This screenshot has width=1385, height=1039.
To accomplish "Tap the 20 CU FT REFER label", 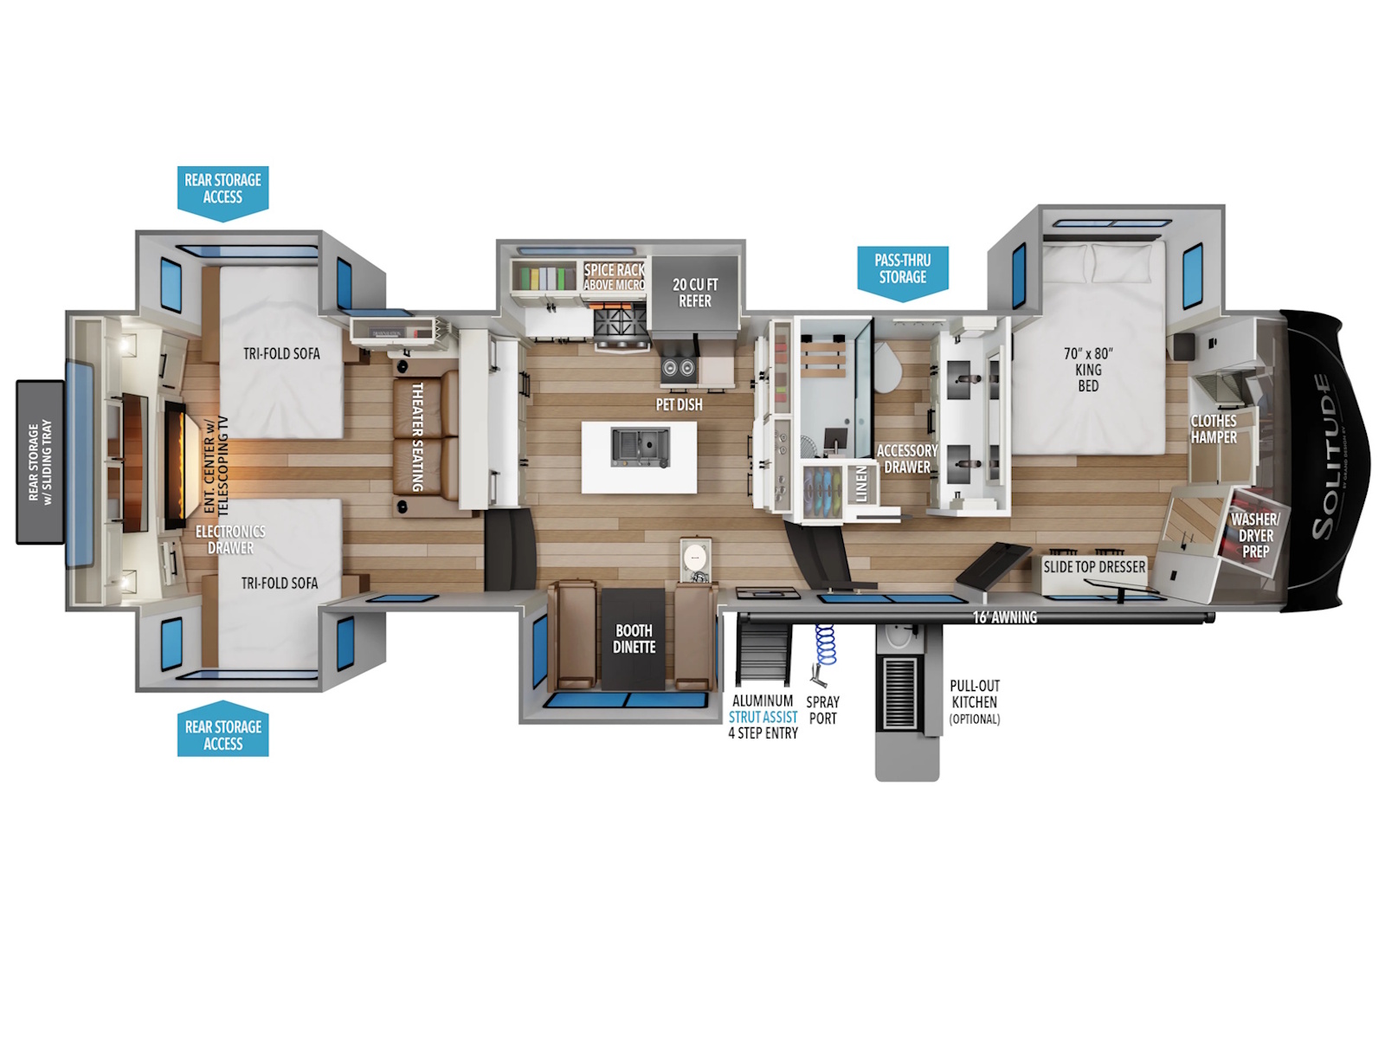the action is [x=695, y=293].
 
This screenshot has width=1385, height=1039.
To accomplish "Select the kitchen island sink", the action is [x=640, y=448].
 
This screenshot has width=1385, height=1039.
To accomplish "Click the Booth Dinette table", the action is [x=633, y=638].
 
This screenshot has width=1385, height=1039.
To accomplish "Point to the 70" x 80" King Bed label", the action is [x=1088, y=370].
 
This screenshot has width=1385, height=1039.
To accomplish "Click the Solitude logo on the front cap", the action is [x=1324, y=457].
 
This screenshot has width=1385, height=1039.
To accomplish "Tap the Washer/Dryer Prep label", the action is [x=1256, y=535].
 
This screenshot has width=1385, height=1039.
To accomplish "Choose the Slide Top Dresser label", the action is [x=1094, y=566].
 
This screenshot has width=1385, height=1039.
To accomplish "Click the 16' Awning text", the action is [x=1004, y=617].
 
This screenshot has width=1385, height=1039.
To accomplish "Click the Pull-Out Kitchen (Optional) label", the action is [x=975, y=702].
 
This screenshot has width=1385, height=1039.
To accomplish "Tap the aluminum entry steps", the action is [x=763, y=654].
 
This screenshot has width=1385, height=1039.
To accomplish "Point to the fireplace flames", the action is [x=176, y=463].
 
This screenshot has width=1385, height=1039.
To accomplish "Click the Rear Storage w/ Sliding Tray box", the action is [x=40, y=461].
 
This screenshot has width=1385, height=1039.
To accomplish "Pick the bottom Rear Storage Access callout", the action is [x=222, y=729].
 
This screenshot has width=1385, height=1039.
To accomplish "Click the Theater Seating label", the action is [x=416, y=436].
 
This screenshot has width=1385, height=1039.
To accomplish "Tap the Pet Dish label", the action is [x=679, y=404].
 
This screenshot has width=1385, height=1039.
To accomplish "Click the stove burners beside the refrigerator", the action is [x=621, y=320].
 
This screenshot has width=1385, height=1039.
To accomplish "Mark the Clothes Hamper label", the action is [x=1214, y=429].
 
